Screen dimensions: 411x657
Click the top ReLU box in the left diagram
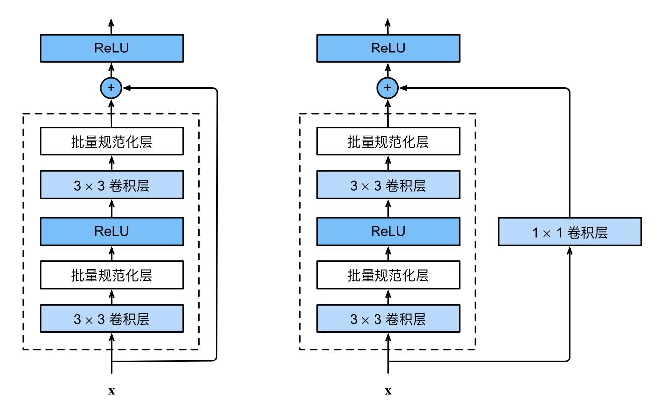point(111,48)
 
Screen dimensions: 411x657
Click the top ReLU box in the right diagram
point(388,48)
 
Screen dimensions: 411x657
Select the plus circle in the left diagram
point(111,88)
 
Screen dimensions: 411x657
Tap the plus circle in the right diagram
point(388,88)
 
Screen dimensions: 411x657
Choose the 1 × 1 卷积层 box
point(569,232)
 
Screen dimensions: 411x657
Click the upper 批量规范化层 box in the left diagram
point(111,142)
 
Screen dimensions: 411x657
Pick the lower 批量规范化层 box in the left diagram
point(111,275)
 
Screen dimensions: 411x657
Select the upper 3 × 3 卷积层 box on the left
point(111,186)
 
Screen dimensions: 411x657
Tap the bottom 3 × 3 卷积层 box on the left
point(111,319)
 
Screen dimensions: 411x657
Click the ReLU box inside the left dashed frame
point(111,231)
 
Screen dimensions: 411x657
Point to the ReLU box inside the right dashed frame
point(388,231)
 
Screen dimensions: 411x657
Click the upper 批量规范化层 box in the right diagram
point(388,142)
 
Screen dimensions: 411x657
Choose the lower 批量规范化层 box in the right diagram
point(388,275)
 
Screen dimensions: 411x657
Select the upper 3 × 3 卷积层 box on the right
point(388,186)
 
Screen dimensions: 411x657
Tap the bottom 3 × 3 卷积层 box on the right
point(388,319)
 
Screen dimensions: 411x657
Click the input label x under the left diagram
point(111,391)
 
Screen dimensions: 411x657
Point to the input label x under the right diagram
point(388,391)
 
